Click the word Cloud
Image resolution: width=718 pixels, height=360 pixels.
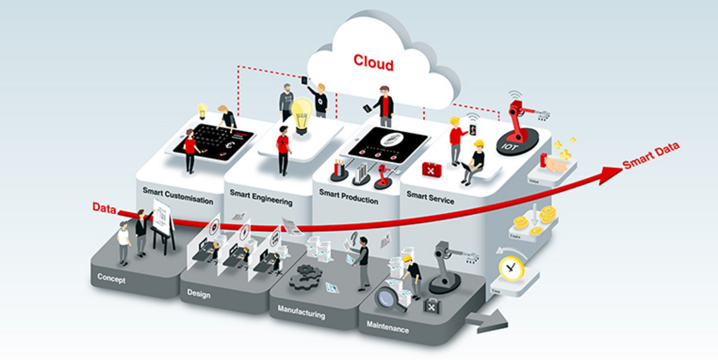[x=373, y=63]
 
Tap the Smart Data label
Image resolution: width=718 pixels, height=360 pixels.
[x=651, y=155]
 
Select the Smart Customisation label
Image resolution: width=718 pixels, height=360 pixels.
[x=178, y=196]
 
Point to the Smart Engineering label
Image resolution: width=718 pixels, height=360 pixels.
[x=261, y=197]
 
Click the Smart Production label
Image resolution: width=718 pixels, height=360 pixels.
[x=348, y=196]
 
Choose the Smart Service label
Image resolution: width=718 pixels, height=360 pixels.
[x=430, y=197]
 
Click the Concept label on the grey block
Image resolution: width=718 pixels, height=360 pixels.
[x=111, y=279]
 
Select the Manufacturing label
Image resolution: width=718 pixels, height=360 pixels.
[x=301, y=312]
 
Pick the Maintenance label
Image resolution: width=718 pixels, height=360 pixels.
[x=388, y=327]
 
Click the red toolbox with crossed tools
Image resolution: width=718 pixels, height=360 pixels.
[x=432, y=168]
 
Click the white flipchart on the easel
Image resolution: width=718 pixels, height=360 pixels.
[x=163, y=217]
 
